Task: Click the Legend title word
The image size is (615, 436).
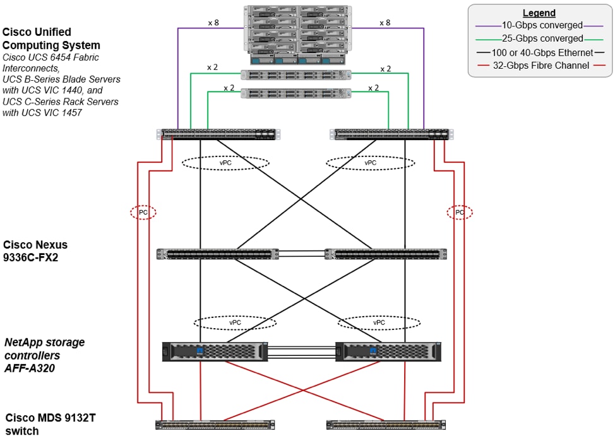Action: click(x=539, y=13)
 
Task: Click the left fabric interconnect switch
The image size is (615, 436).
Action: click(x=218, y=134)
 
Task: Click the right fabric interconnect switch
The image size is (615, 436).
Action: click(x=392, y=134)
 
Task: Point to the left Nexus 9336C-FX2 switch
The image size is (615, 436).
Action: click(x=217, y=254)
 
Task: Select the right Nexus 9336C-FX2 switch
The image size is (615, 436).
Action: click(x=385, y=254)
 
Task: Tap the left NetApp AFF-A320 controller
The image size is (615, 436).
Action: click(x=215, y=351)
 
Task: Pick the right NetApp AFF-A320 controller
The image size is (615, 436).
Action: click(x=388, y=351)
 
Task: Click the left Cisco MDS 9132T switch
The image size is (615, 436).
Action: click(x=218, y=425)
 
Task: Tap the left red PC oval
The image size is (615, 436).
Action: click(x=143, y=212)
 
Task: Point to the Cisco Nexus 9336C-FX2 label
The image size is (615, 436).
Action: click(x=35, y=250)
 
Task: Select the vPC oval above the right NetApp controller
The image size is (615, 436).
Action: click(x=379, y=322)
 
